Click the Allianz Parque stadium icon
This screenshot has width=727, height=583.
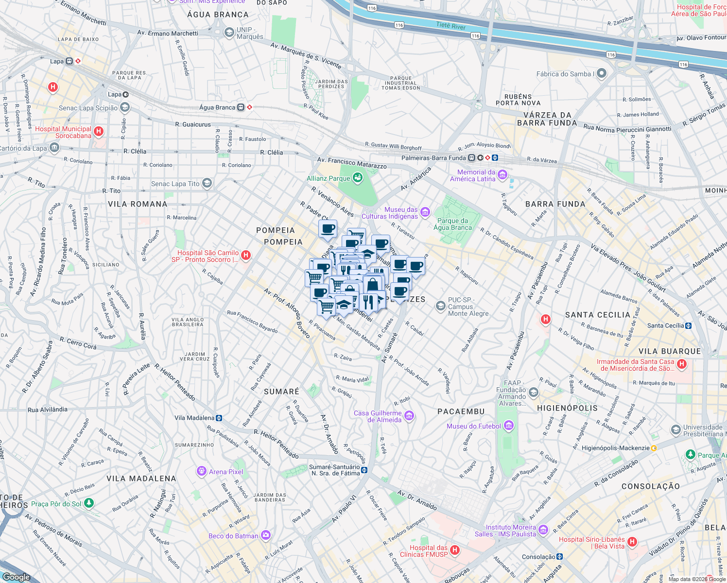tap(358, 178)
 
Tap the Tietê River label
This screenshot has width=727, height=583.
tap(450, 26)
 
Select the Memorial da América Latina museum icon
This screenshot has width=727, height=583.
tap(502, 175)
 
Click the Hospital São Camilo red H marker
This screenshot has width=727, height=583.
tap(246, 256)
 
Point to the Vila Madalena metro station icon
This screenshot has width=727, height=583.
tap(219, 418)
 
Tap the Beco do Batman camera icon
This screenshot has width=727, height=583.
tap(265, 535)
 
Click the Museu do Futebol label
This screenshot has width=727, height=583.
tap(473, 426)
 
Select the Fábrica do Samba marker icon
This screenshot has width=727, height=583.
tap(602, 73)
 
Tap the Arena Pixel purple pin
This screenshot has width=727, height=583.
tap(201, 471)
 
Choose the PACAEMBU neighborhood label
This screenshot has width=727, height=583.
tap(461, 412)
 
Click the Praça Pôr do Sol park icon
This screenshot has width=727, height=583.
tap(88, 503)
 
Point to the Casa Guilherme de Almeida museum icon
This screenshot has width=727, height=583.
tap(409, 416)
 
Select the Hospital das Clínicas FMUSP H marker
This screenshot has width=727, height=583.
tap(455, 550)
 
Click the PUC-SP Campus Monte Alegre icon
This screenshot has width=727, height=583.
tap(441, 306)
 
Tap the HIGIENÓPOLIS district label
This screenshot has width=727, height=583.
tap(567, 408)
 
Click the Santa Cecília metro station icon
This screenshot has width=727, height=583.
tap(688, 326)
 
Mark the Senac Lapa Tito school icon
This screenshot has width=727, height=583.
tap(207, 183)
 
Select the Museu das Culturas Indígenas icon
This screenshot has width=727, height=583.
tap(425, 212)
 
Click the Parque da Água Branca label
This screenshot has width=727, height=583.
tap(452, 224)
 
